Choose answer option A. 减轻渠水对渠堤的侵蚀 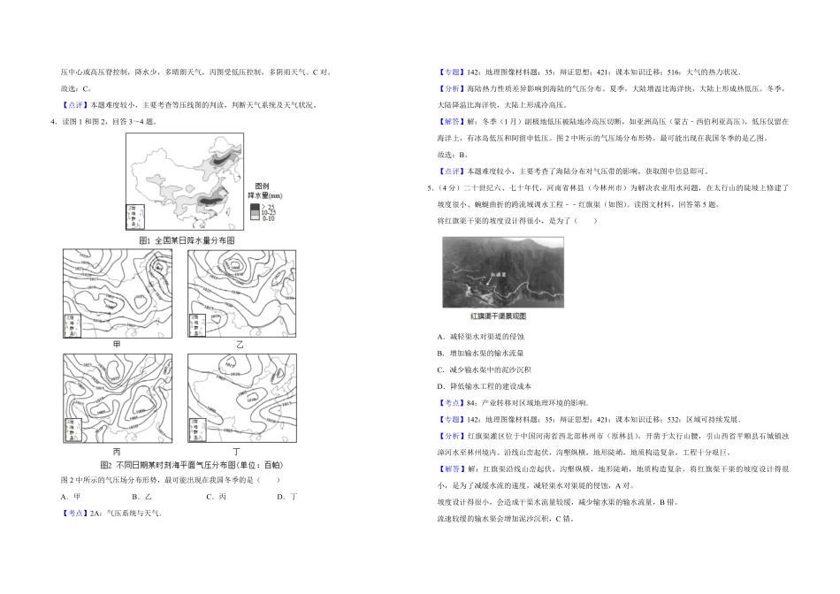[480, 337]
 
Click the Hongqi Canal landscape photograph [502, 272]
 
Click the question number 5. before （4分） [430, 188]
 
